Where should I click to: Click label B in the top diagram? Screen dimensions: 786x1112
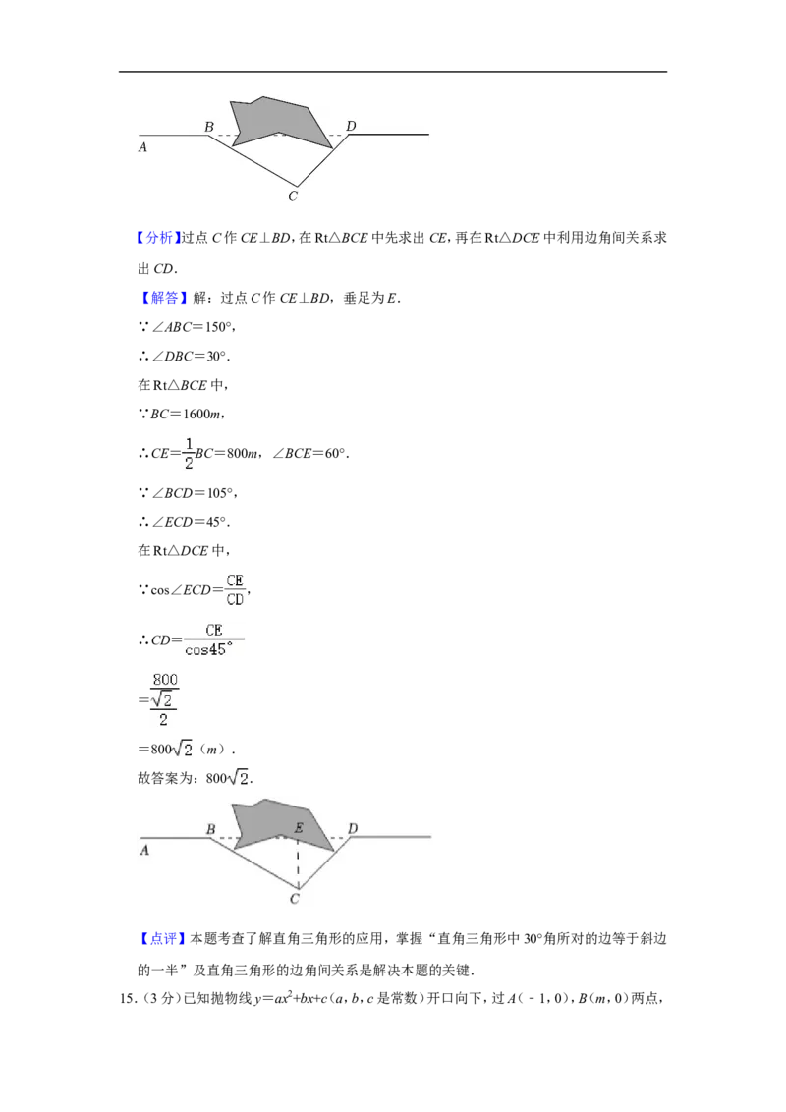point(209,127)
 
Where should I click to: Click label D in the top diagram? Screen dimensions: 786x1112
point(351,126)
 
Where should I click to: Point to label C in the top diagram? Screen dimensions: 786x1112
point(293,195)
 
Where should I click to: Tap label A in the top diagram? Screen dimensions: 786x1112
point(142,147)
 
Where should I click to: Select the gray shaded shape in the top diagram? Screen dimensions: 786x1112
point(277,122)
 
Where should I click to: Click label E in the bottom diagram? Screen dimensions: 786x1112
point(299,828)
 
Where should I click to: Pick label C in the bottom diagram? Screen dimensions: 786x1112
point(295,899)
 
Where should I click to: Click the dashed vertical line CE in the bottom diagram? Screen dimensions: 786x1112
point(298,862)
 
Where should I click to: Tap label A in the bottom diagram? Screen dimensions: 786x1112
point(144,850)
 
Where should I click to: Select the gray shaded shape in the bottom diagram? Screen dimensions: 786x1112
point(280,825)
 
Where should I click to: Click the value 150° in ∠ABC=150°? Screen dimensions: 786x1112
point(217,327)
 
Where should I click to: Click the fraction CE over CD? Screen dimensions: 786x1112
point(235,590)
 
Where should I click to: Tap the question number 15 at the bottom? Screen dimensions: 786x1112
point(127,999)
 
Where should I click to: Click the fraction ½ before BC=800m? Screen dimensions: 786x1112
point(189,454)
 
